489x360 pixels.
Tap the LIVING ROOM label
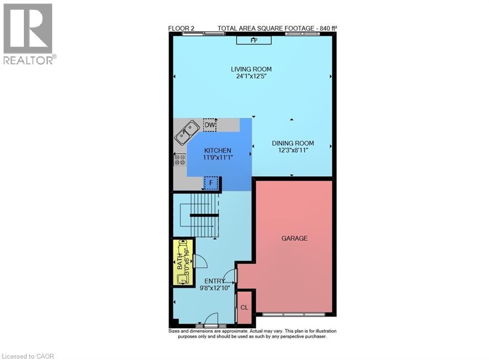(253, 69)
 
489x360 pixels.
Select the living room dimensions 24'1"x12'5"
(253, 76)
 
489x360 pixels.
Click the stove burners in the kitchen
(180, 159)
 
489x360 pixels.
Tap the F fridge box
(211, 183)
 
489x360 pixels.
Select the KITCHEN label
(218, 150)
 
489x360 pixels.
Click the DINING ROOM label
(293, 143)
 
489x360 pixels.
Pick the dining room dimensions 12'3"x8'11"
(293, 150)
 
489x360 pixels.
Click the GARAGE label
(294, 238)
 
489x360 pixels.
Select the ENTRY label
(214, 281)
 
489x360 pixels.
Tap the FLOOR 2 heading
(181, 28)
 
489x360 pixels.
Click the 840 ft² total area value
(328, 28)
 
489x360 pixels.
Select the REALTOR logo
(29, 33)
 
